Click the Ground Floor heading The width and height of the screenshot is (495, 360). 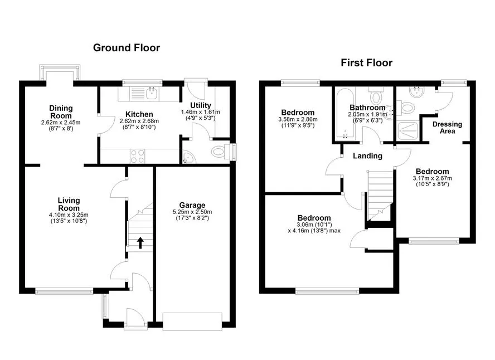(x=127, y=48)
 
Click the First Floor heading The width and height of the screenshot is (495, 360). (x=367, y=63)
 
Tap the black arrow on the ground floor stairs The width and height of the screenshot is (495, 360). (x=140, y=243)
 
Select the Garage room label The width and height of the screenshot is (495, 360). (x=192, y=206)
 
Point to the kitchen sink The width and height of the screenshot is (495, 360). (x=153, y=93)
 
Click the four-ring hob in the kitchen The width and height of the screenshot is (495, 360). (x=137, y=156)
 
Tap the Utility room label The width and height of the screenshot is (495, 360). (x=201, y=105)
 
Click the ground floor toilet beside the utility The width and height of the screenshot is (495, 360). (x=220, y=152)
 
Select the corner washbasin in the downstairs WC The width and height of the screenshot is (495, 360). (x=188, y=158)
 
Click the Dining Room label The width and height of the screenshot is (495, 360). (x=61, y=112)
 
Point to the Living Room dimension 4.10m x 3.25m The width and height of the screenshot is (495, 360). (x=69, y=215)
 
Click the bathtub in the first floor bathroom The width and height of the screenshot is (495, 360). (x=346, y=114)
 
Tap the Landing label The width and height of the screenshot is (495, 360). (x=367, y=156)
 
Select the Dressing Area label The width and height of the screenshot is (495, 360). (x=447, y=128)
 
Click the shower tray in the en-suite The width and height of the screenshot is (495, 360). (x=409, y=130)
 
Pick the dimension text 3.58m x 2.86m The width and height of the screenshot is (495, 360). (x=298, y=119)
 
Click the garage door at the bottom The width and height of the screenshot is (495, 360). (x=192, y=322)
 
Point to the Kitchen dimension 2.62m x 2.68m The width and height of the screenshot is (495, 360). (x=139, y=121)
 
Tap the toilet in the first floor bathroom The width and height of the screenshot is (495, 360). (x=376, y=96)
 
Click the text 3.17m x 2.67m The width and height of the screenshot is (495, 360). (x=433, y=178)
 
